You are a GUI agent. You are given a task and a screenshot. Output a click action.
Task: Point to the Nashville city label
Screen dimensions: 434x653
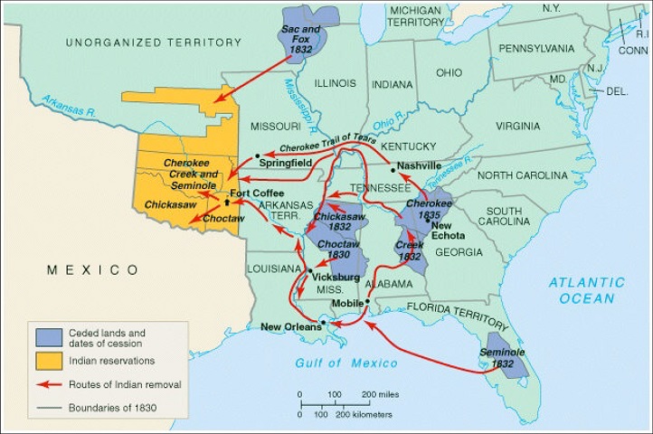click(420, 166)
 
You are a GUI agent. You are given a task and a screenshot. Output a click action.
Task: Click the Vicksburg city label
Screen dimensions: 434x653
click(337, 278)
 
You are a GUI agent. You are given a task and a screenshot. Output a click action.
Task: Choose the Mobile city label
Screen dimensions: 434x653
click(348, 303)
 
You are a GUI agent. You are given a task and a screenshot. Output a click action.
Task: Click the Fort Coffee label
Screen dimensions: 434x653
click(257, 193)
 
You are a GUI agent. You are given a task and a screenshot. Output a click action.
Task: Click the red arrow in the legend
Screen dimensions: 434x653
click(47, 384)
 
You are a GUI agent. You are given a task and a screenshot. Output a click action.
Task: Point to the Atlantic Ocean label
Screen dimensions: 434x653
click(585, 290)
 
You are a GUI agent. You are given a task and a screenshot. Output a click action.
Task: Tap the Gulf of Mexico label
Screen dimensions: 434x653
click(346, 363)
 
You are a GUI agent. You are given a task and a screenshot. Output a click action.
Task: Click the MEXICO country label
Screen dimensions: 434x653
click(93, 269)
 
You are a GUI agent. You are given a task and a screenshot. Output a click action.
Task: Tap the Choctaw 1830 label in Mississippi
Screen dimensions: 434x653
click(337, 250)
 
